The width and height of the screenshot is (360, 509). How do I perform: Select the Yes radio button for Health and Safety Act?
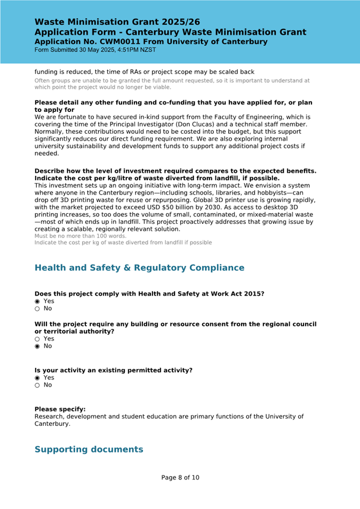click(37, 301)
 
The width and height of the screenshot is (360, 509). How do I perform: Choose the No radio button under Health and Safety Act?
click(37, 309)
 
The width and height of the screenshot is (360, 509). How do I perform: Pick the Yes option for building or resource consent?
click(37, 338)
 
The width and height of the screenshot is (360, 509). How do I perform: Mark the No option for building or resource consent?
click(37, 346)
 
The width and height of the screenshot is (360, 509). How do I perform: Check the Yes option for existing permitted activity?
click(37, 377)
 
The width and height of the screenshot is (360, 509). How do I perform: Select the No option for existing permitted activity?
click(37, 385)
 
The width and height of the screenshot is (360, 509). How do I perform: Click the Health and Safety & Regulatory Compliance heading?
click(139, 268)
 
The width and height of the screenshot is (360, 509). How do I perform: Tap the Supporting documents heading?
click(89, 449)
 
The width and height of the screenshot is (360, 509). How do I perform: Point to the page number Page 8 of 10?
click(180, 478)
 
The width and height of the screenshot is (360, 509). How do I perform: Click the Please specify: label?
click(60, 409)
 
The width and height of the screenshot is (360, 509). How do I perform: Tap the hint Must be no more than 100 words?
click(81, 236)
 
